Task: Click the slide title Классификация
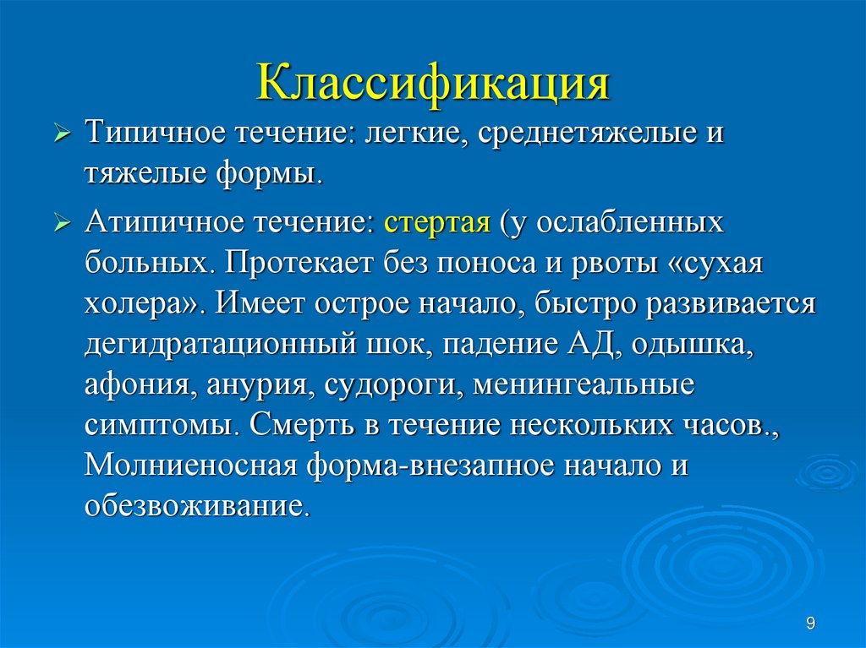pos(433,85)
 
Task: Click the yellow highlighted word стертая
pos(437,226)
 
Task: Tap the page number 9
pos(811,623)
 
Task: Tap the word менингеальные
pos(584,383)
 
